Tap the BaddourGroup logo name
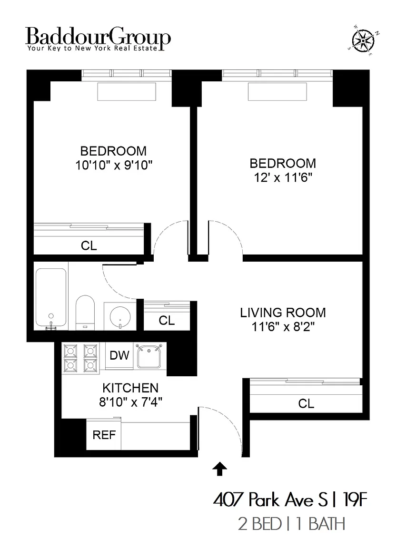tap(98, 36)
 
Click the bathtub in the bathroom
tap(51, 298)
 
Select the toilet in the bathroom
tap(85, 313)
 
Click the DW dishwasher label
tap(119, 355)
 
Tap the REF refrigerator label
tap(104, 435)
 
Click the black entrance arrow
tap(220, 468)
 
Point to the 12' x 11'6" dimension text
tap(283, 178)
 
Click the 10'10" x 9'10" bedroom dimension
tap(114, 166)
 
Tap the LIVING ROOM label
tap(283, 313)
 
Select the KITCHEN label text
tap(130, 388)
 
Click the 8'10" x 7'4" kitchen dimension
tap(130, 402)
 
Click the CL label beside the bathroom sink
tap(167, 321)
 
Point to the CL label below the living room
tap(306, 404)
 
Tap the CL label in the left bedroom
tap(89, 245)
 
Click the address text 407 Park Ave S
tap(270, 500)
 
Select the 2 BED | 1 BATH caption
tap(291, 524)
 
